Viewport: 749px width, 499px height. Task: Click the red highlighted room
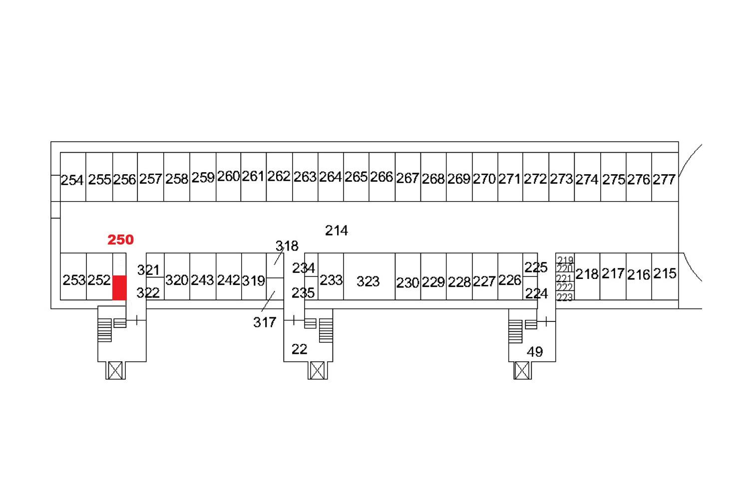coord(119,288)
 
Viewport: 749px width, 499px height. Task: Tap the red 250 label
coord(120,240)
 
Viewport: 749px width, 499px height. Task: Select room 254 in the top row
coord(73,177)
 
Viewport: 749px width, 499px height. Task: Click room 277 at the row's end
coord(665,177)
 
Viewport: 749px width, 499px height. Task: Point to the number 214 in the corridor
coord(337,231)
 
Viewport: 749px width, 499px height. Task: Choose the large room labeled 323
coord(369,277)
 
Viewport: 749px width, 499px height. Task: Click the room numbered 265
coord(356,177)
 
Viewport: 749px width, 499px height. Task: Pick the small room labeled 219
coord(565,258)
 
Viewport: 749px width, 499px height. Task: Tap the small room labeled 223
coord(565,296)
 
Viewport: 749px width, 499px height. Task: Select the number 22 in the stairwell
coord(299,350)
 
